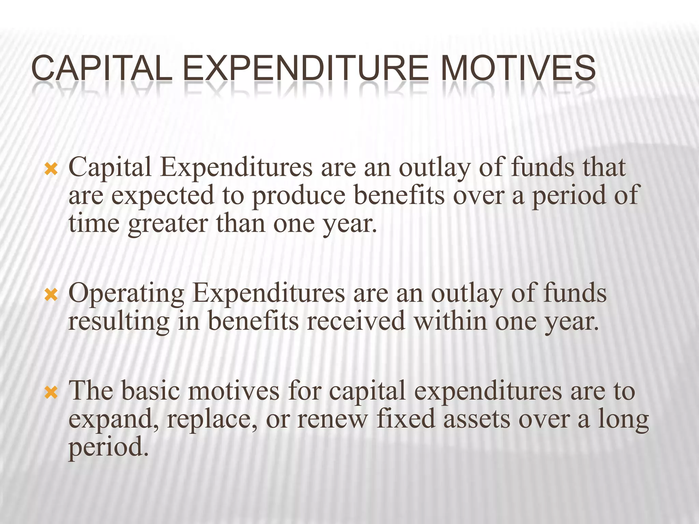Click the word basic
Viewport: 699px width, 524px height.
(150, 391)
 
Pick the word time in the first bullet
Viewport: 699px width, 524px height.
(94, 224)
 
